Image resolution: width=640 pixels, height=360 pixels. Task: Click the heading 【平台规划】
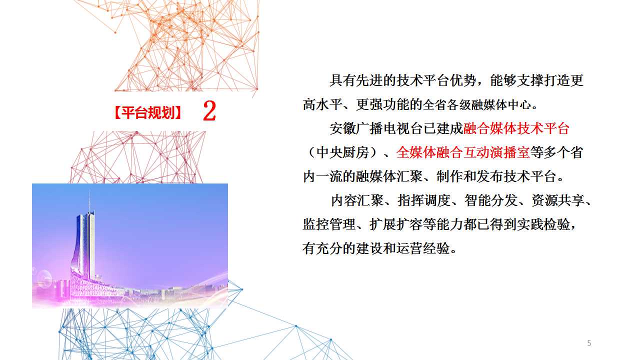147,112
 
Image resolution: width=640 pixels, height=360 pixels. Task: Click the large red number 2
209,111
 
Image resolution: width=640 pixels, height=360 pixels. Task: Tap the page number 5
589,343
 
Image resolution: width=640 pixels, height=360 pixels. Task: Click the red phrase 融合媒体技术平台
516,128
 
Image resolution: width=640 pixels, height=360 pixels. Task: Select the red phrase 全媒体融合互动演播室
463,152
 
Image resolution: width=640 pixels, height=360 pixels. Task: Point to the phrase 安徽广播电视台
376,128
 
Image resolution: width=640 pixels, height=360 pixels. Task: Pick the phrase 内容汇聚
357,200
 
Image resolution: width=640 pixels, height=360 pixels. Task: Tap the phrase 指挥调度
424,200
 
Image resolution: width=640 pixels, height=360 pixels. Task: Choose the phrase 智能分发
491,200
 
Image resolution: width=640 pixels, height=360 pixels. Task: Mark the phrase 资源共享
557,200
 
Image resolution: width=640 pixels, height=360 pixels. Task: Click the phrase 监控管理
329,224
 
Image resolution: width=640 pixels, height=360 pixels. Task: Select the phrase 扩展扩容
396,224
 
